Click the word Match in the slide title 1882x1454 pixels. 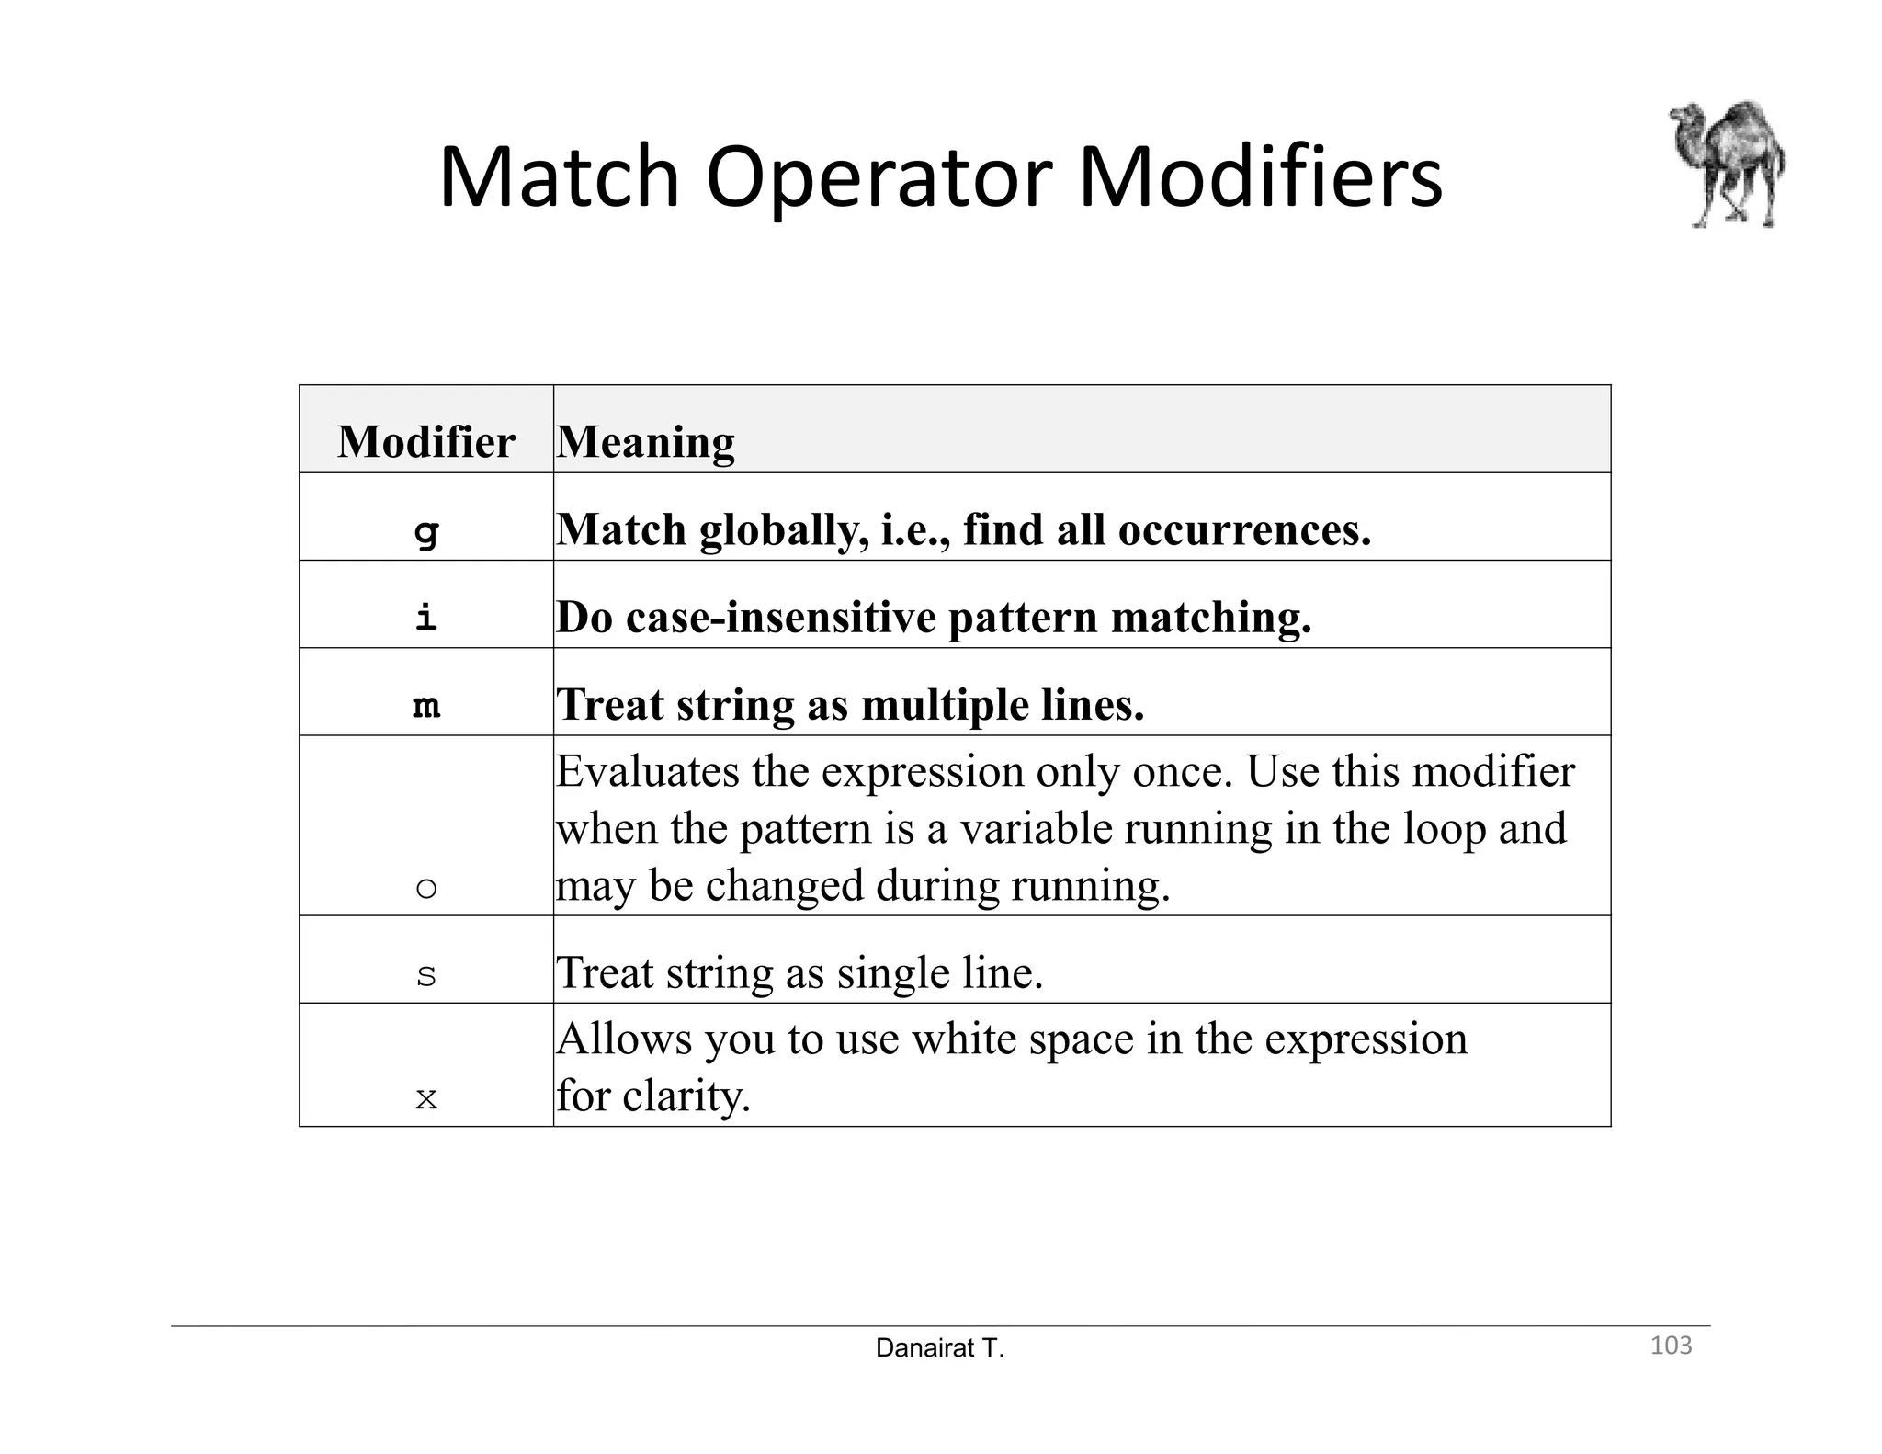(559, 176)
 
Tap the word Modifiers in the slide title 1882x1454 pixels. (1259, 176)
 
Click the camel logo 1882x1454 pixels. (1728, 165)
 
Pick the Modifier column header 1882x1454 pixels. (425, 441)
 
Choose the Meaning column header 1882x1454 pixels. (645, 441)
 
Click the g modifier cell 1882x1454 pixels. (426, 530)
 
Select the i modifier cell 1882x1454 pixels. (426, 617)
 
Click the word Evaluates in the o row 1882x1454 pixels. (647, 770)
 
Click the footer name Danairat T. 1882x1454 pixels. (940, 1348)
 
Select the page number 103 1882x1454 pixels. (1671, 1346)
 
